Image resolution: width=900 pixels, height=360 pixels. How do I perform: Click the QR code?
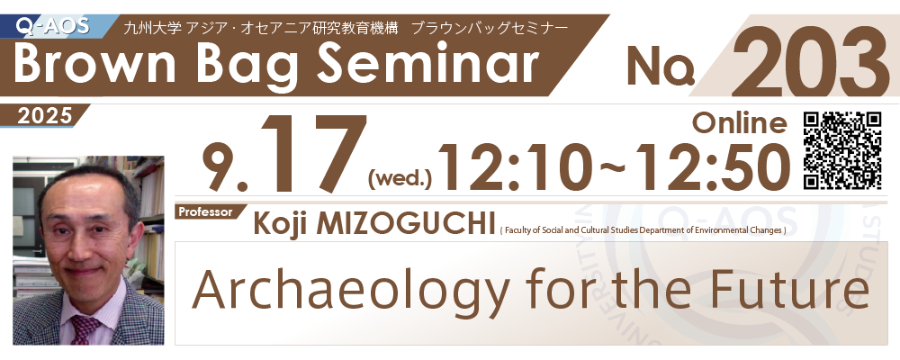point(842,151)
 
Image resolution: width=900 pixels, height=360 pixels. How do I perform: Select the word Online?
point(739,122)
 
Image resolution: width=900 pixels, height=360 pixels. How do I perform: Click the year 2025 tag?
point(45,116)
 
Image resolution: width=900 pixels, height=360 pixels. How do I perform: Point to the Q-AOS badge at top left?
point(53,26)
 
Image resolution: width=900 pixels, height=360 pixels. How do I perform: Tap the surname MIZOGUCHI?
point(406,225)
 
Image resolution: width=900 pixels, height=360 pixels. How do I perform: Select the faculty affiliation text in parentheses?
point(643,230)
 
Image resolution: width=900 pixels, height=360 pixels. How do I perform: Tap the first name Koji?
point(280,226)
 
